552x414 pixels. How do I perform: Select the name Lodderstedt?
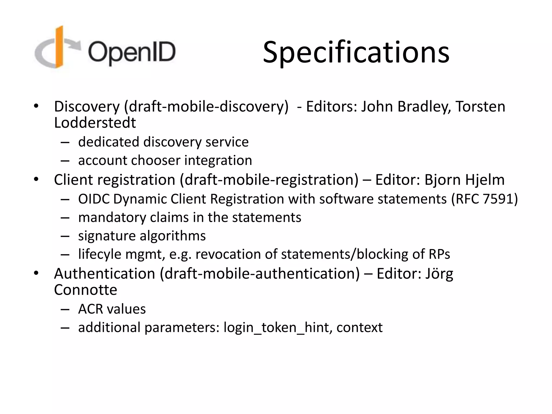pos(95,123)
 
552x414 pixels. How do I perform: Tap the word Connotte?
pos(85,290)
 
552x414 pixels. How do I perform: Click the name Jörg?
pos(439,274)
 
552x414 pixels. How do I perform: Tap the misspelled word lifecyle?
pos(100,254)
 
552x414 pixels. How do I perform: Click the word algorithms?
pos(172,236)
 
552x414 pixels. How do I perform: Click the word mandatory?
pos(112,218)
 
